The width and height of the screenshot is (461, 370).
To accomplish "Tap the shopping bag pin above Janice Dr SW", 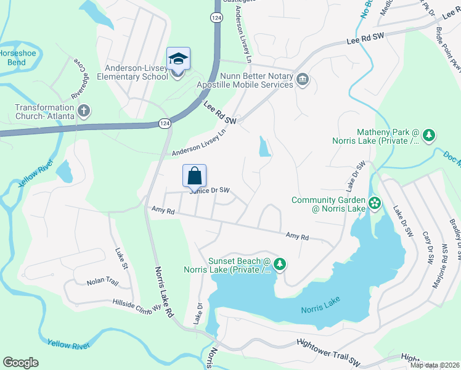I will pos(195,176).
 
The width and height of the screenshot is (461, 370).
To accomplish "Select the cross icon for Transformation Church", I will pos(84,111).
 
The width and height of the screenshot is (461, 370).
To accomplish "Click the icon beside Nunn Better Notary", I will pos(303,79).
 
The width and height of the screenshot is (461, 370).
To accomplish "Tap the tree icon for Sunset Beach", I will pos(280,264).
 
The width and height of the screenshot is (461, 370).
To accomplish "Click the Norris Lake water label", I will pos(321,309).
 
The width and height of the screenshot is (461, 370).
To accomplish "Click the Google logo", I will pos(20,363).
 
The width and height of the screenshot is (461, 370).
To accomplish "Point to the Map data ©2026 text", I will pos(434,365).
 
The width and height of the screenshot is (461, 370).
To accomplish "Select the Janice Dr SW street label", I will pos(210,191).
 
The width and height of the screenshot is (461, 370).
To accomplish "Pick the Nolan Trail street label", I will pos(102,282).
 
